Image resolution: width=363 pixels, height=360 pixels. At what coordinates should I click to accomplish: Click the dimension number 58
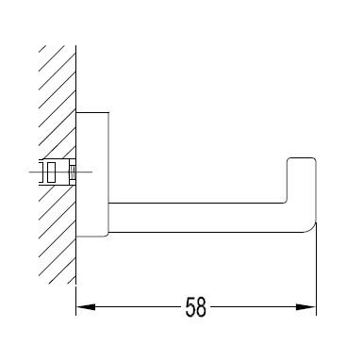[195, 306]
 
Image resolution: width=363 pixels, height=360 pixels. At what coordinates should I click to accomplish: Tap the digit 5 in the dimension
[190, 306]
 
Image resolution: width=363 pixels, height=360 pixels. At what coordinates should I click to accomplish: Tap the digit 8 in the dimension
[201, 306]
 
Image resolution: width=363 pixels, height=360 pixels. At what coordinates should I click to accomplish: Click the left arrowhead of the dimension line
[86, 306]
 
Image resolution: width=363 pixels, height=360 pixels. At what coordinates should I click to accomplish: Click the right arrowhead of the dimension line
[306, 306]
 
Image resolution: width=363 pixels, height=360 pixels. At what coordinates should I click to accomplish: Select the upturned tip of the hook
[302, 179]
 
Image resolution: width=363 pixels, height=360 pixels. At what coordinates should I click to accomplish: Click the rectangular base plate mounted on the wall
[92, 174]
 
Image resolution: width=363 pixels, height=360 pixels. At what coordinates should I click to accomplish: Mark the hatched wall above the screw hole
[58, 102]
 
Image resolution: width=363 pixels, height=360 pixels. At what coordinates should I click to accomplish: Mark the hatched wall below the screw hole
[58, 234]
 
